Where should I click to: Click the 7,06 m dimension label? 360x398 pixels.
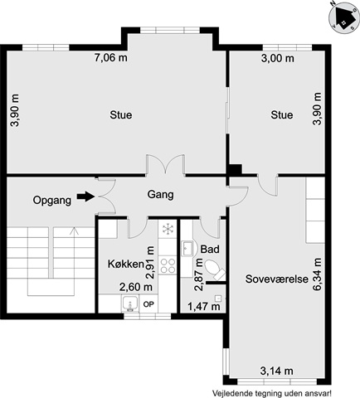pos(111,58)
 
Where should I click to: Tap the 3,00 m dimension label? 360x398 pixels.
pos(278,58)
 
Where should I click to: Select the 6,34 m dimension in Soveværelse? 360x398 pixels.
pos(317,274)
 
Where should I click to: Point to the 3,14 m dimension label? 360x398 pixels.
pos(277,371)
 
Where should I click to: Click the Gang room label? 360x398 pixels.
pos(160,195)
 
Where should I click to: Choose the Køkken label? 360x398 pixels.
pos(126,264)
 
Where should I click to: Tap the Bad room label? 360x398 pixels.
pos(210,249)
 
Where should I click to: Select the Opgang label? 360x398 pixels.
pos(52,200)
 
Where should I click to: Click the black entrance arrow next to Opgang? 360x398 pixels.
pos(85,197)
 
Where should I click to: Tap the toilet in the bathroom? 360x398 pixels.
pos(215,269)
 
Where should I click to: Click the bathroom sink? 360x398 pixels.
pos(187,249)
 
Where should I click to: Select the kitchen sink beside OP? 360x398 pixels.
pos(130,303)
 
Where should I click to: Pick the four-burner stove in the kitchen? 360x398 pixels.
pos(168,265)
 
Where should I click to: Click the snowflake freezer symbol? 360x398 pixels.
pos(168,229)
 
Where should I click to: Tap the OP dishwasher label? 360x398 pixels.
pos(148,304)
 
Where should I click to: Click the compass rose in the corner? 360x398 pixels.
pos(343,17)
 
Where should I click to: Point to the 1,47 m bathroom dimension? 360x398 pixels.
pos(204,306)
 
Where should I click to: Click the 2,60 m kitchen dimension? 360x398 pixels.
pos(136,287)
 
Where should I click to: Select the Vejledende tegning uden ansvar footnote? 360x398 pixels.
pos(272,393)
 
